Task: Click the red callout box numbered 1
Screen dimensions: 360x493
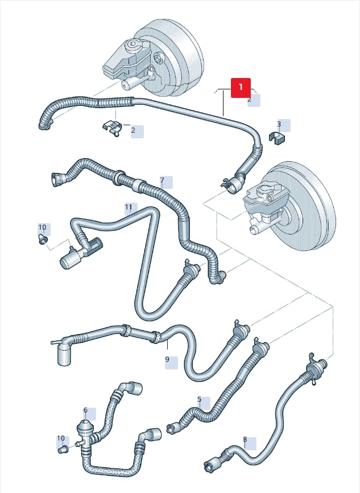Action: [241, 88]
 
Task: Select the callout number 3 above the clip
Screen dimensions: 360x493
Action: [279, 124]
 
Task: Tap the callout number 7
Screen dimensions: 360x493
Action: [162, 180]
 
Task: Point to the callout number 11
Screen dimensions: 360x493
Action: [129, 207]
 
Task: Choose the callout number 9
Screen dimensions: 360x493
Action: [167, 359]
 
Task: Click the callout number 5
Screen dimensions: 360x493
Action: [199, 400]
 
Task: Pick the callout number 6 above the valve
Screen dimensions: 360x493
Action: [85, 410]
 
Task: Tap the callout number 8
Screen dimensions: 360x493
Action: [245, 439]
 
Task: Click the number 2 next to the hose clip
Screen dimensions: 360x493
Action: [133, 130]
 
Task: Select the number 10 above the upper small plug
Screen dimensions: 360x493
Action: [42, 227]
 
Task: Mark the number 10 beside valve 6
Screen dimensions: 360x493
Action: [61, 438]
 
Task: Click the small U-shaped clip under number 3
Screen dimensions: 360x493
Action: [277, 138]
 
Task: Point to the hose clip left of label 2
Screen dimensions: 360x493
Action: [112, 128]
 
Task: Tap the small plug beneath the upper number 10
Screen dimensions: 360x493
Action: [43, 240]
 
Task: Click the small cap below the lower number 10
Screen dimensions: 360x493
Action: [63, 450]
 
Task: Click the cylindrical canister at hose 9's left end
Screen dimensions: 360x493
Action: [64, 355]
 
